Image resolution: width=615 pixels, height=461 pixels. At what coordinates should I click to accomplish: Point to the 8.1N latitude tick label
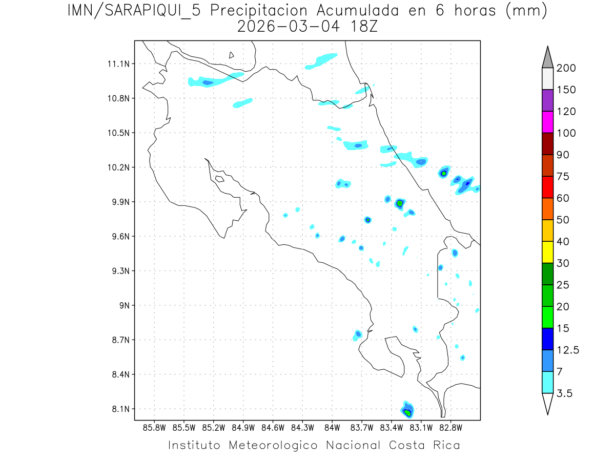[x=119, y=409]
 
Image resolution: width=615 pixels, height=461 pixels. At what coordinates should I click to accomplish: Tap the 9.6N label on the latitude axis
[x=119, y=237]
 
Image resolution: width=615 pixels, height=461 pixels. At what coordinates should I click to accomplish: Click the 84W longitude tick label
[x=332, y=427]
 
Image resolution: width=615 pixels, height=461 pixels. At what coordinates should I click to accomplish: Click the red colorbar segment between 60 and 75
[x=548, y=187]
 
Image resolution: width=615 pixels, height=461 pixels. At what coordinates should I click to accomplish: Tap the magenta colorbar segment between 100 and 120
[x=548, y=122]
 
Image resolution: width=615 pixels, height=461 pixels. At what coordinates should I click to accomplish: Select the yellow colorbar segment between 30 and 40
[x=548, y=252]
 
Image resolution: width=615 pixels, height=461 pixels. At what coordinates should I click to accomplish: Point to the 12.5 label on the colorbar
[x=568, y=350]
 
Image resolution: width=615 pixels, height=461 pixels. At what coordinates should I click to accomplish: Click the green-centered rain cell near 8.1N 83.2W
[x=407, y=411]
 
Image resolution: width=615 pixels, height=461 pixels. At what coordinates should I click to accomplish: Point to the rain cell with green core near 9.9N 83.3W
[x=400, y=203]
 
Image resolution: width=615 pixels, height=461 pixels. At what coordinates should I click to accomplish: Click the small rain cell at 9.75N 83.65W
[x=367, y=220]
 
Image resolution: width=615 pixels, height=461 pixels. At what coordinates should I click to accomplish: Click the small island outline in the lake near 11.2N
[x=232, y=55]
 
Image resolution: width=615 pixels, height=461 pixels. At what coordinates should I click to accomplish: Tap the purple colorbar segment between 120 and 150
[x=548, y=100]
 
